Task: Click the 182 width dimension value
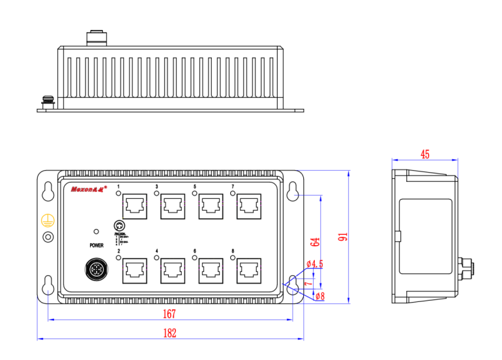click(170, 333)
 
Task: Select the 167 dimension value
click(170, 314)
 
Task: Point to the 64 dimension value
click(316, 241)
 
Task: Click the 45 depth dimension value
click(425, 155)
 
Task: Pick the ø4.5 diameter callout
click(315, 264)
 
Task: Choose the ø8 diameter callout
click(320, 296)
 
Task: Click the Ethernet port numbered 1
click(134, 206)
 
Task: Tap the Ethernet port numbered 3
click(173, 206)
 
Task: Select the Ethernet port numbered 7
click(249, 206)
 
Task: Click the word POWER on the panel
click(96, 246)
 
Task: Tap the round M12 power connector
click(95, 270)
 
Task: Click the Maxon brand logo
click(89, 191)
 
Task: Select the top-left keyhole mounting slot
click(48, 191)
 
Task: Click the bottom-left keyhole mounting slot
click(48, 285)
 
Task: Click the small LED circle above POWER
click(96, 232)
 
